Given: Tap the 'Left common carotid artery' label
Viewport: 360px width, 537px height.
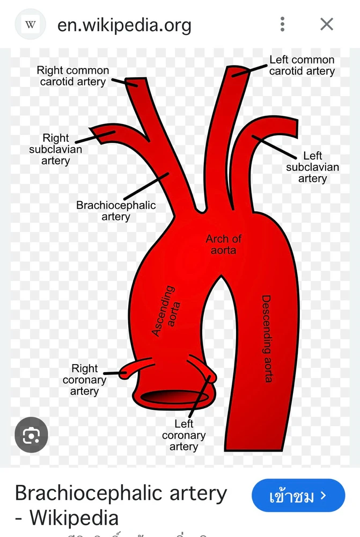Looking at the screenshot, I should click(302, 65).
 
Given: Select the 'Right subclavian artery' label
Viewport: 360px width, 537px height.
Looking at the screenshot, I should click(56, 149).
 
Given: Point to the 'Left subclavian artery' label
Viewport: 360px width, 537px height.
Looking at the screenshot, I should click(312, 167).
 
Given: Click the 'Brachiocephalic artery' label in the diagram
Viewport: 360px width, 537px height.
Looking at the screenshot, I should click(116, 211).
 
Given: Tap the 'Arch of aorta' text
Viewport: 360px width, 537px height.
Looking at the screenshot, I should click(224, 244).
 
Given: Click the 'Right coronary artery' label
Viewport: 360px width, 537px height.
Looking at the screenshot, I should click(84, 380).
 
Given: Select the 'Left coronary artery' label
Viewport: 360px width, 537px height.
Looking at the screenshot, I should click(183, 436).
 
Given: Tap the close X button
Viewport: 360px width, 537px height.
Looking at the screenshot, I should click(326, 24).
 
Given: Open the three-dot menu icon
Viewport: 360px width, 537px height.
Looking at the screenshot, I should click(282, 24).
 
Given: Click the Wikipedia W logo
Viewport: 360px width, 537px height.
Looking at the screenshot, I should click(31, 24).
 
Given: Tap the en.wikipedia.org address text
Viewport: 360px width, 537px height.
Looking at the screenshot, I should click(124, 25).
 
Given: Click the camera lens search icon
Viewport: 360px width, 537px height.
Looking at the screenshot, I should click(31, 434).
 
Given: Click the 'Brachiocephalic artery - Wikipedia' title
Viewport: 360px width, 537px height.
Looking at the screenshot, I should click(121, 505).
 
